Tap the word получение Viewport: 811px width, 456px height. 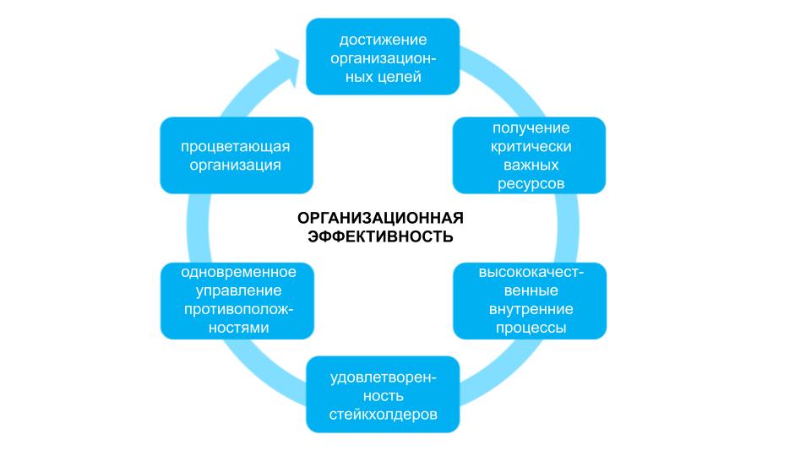pyautogui.click(x=531, y=128)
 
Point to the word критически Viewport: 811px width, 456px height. pyautogui.click(x=531, y=147)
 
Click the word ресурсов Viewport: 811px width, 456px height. pyautogui.click(x=531, y=183)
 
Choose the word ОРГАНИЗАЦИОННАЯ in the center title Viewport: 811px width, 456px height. pyautogui.click(x=381, y=219)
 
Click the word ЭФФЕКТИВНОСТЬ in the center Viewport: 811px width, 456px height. pyautogui.click(x=381, y=237)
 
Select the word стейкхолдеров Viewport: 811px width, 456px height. pyautogui.click(x=383, y=415)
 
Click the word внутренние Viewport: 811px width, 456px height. pyautogui.click(x=531, y=310)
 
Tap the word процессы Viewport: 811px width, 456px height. pyautogui.click(x=531, y=328)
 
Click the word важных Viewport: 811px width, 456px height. pyautogui.click(x=531, y=165)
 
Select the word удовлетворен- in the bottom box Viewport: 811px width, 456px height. pyautogui.click(x=383, y=378)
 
